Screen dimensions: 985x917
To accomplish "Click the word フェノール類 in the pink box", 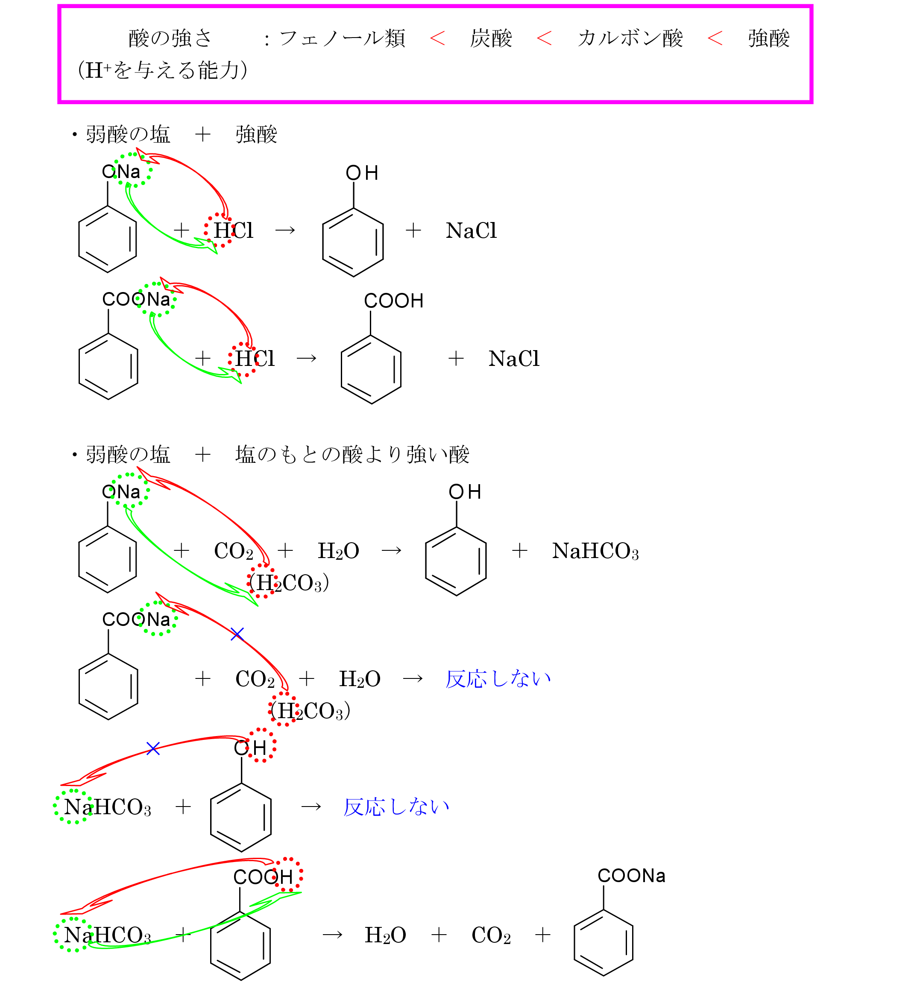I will tap(342, 38).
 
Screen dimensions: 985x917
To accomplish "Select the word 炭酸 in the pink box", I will tap(491, 38).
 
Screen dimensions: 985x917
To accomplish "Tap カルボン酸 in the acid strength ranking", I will tap(630, 38).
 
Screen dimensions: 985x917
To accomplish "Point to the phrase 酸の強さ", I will tap(170, 38).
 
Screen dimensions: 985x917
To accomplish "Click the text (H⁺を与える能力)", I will tap(163, 70).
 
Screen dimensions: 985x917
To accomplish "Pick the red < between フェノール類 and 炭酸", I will tap(437, 38).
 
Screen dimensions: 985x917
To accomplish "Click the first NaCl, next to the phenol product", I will tap(471, 231).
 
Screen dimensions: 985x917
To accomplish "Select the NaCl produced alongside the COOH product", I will tap(513, 358).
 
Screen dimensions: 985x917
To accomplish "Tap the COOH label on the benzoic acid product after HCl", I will tap(393, 301).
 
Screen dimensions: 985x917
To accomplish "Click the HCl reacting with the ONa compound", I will tap(233, 231).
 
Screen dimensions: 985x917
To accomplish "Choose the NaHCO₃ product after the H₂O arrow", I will tap(595, 550).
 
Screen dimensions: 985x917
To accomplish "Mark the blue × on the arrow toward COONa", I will tap(237, 634).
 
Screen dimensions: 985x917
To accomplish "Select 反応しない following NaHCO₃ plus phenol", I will tap(396, 807).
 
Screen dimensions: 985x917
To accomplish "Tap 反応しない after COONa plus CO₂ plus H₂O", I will tap(498, 679).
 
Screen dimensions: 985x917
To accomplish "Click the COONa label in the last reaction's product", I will tap(631, 876).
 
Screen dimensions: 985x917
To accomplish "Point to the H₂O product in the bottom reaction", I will tap(385, 935).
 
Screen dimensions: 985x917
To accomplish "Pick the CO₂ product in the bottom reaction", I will tap(491, 935).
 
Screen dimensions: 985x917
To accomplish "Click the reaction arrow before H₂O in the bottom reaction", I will tap(332, 935).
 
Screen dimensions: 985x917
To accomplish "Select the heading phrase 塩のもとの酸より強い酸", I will tap(352, 454).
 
